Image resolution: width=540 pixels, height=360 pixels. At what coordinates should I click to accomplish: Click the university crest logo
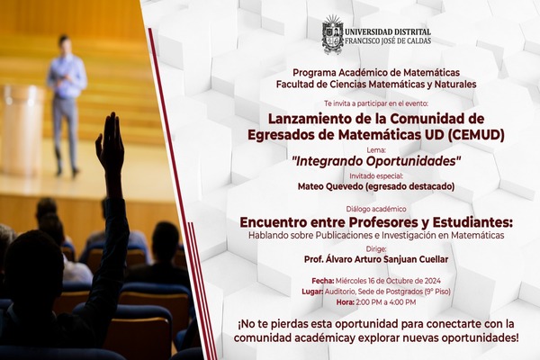[x=332, y=35]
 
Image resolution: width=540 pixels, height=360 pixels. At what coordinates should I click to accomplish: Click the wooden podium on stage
[x=22, y=130]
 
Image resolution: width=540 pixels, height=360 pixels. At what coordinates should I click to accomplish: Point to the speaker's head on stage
[x=64, y=42]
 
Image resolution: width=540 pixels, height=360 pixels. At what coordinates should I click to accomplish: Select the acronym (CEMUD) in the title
[x=476, y=135]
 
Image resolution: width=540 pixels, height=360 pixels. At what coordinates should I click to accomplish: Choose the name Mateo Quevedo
[x=330, y=186]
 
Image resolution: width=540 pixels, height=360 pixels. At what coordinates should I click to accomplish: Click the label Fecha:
[x=323, y=281]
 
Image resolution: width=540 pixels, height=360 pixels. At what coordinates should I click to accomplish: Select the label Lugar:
[x=312, y=292]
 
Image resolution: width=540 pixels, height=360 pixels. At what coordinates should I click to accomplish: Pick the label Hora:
[x=346, y=302]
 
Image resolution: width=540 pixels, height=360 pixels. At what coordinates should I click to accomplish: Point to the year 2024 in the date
[x=432, y=281]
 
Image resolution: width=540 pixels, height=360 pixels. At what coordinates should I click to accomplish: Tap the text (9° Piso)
[x=437, y=292]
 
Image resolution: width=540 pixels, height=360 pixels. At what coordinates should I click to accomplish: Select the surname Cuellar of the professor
[x=434, y=259]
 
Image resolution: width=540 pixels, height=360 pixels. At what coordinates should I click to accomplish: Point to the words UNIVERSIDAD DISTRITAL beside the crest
[x=388, y=32]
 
